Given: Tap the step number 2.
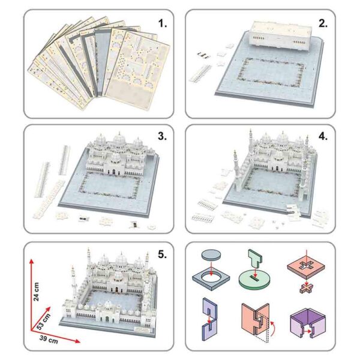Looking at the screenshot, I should click(322, 24).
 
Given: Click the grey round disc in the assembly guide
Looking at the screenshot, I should click(211, 255).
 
